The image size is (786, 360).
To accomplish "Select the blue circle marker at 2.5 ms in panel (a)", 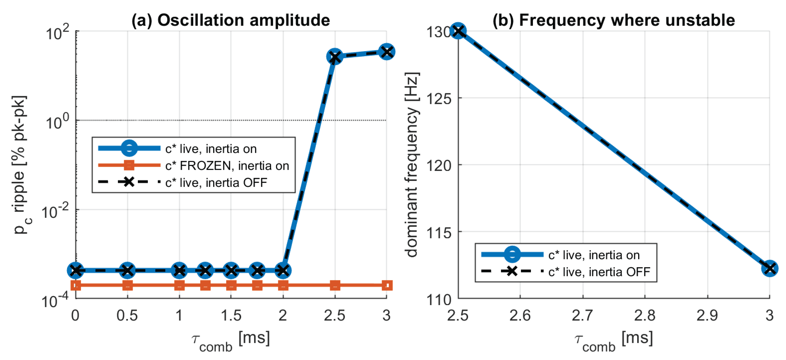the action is click(x=335, y=56).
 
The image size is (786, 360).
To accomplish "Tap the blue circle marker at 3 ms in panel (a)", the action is click(x=387, y=52).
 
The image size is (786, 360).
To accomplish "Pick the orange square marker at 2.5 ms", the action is click(x=335, y=286).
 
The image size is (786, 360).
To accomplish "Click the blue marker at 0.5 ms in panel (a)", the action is click(x=128, y=270).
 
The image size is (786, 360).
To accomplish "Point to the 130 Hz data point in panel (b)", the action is click(x=458, y=31).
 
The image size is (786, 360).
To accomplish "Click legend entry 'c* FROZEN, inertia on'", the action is click(x=227, y=166).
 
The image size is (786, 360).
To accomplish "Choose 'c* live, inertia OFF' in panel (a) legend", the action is click(x=216, y=183).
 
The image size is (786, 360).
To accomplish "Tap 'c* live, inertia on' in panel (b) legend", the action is click(x=594, y=255).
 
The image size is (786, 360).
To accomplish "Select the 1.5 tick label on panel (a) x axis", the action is click(x=231, y=315).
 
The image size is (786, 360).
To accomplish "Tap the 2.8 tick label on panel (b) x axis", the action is click(x=645, y=315).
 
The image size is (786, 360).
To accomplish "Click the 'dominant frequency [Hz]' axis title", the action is click(x=412, y=165).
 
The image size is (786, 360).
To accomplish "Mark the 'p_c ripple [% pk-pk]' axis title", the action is click(x=21, y=165).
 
